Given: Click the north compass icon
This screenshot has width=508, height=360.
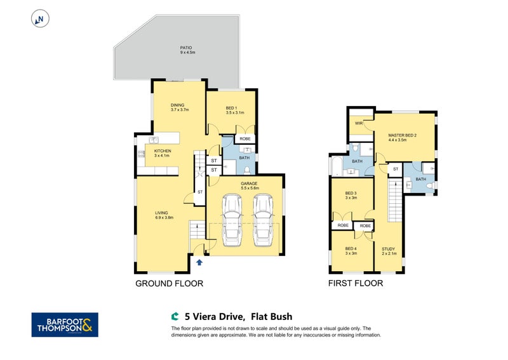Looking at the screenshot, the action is click(x=40, y=18).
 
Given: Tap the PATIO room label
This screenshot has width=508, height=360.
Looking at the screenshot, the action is click(x=187, y=50).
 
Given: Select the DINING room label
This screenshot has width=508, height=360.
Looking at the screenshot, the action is click(x=179, y=107).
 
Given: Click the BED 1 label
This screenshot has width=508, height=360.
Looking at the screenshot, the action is click(x=234, y=110).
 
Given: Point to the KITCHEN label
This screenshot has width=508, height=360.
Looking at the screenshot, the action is click(x=163, y=153).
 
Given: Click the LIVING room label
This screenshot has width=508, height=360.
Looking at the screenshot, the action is click(x=164, y=215).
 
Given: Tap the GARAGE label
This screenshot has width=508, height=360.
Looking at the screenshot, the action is click(x=250, y=185).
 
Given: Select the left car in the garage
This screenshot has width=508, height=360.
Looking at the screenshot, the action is click(x=232, y=220).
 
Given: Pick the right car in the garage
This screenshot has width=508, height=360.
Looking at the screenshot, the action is click(x=263, y=220).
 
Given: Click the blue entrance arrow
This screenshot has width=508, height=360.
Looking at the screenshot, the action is click(x=199, y=262).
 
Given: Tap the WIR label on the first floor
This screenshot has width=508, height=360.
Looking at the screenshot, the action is click(x=359, y=123).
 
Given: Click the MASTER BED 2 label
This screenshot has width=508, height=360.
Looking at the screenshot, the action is click(x=403, y=137).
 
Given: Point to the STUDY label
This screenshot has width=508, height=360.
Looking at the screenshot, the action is click(x=389, y=251).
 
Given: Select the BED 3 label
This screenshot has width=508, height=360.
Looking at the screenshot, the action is click(x=351, y=196).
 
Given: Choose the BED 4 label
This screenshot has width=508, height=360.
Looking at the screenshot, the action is click(x=351, y=251).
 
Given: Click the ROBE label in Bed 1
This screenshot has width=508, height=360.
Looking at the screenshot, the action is click(x=245, y=138).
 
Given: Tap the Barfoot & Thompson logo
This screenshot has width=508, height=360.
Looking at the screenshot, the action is click(x=65, y=324).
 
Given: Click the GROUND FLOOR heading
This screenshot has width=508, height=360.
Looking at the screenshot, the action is click(x=169, y=284).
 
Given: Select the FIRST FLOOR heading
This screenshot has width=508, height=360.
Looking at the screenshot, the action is click(x=356, y=283).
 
